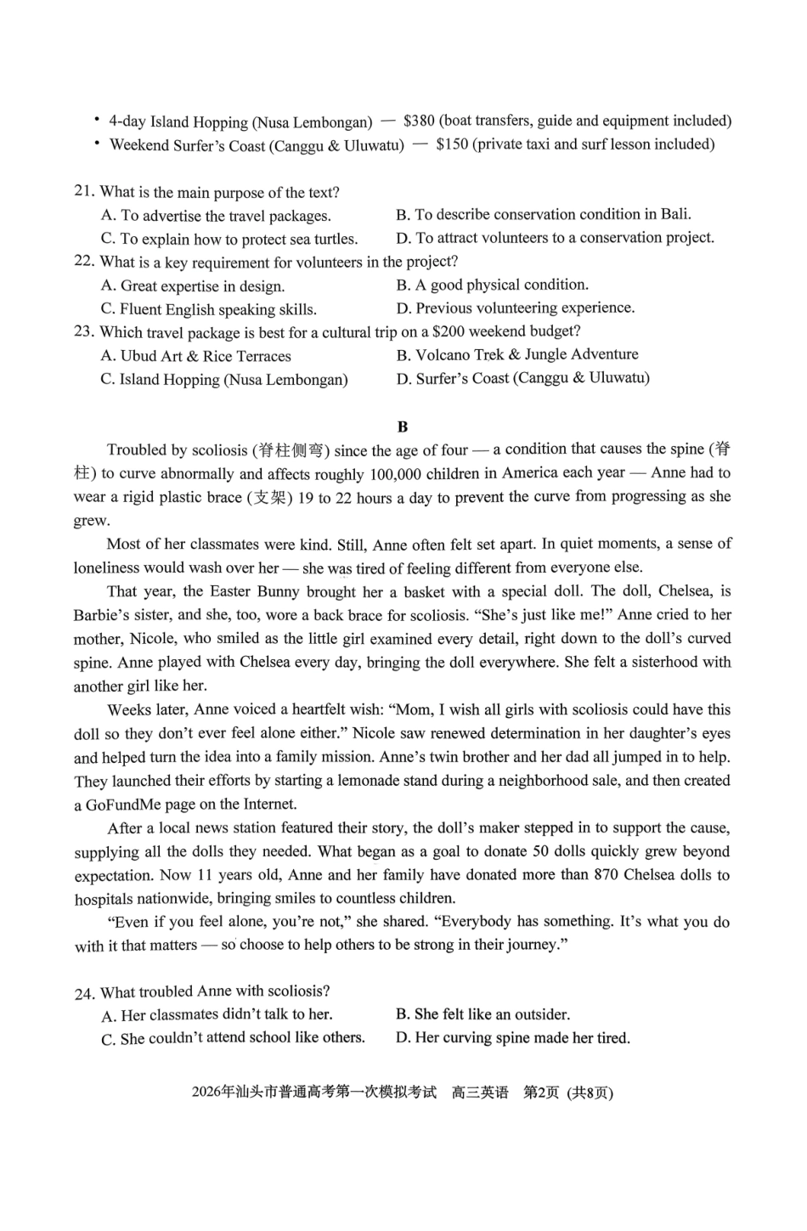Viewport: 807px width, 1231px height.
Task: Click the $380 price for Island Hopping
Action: tap(419, 121)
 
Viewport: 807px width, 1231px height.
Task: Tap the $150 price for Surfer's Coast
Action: tap(451, 144)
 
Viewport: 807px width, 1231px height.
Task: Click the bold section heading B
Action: tap(402, 426)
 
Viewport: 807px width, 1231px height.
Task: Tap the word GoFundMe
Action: tap(126, 805)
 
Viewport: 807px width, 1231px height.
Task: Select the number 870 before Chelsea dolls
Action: tap(606, 875)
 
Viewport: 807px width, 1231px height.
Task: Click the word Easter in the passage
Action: tap(230, 591)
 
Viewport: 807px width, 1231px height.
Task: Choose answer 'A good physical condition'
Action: tap(501, 285)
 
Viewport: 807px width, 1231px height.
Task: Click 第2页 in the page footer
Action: tap(540, 1093)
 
